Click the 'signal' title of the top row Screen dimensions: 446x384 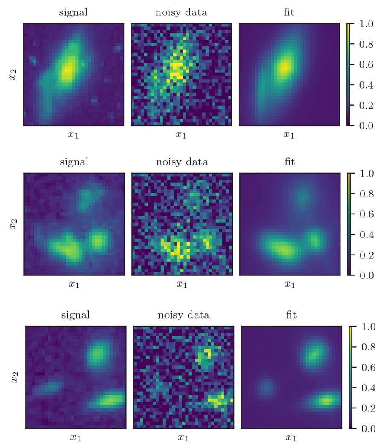coord(73,12)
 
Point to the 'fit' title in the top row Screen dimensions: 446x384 coord(289,12)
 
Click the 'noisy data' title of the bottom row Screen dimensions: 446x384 coord(183,316)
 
